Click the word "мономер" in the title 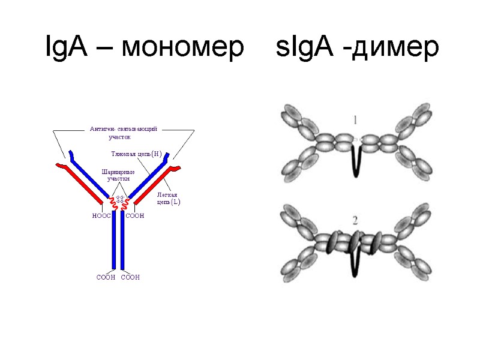(x=178, y=47)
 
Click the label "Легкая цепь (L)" (x=168, y=199)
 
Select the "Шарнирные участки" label (x=118, y=175)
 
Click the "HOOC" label (x=101, y=216)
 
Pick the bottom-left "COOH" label (x=106, y=277)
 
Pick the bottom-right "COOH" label (x=130, y=277)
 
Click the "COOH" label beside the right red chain (x=135, y=216)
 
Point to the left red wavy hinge (x=113, y=204)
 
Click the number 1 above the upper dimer (x=355, y=120)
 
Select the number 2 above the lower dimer (x=355, y=221)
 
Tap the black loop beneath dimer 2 (x=357, y=264)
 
